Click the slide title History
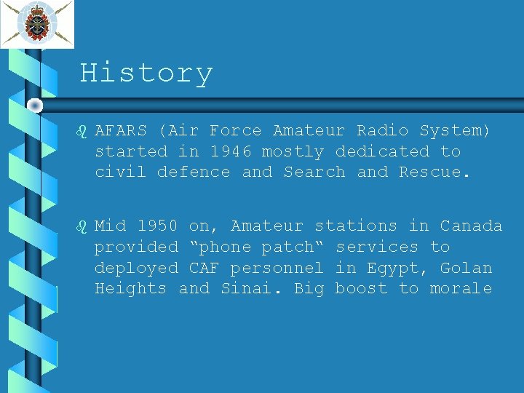click(146, 74)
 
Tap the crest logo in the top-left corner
click(36, 24)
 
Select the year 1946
click(231, 152)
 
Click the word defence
click(194, 172)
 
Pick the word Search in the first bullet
click(314, 172)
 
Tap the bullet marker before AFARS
click(82, 132)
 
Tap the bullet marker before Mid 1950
click(82, 226)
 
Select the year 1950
click(158, 226)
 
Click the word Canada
click(471, 226)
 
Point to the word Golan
click(466, 269)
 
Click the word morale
click(461, 289)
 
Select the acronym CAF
click(205, 269)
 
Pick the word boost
click(361, 289)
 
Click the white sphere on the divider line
click(35, 106)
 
